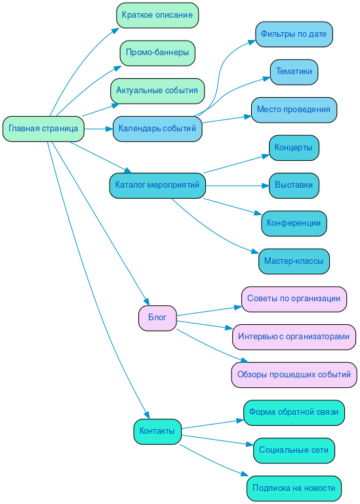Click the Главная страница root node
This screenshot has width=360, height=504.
43,129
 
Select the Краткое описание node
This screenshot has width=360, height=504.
157,15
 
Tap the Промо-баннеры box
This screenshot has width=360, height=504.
157,52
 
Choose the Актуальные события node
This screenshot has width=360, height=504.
157,91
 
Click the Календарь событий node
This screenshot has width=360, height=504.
157,129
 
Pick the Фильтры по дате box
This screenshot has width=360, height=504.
294,34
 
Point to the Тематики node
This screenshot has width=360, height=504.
294,72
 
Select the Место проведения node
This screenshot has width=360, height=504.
294,110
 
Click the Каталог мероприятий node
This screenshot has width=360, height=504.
157,186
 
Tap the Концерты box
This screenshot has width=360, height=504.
294,148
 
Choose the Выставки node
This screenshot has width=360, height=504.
294,186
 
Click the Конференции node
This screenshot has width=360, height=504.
294,223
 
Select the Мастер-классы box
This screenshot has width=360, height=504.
294,261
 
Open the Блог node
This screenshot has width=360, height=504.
157,318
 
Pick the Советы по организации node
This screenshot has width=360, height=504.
294,299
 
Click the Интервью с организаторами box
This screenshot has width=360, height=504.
294,337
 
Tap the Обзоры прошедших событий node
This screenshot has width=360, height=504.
294,375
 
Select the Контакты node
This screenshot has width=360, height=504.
157,431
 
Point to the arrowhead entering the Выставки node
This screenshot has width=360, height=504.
266,186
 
